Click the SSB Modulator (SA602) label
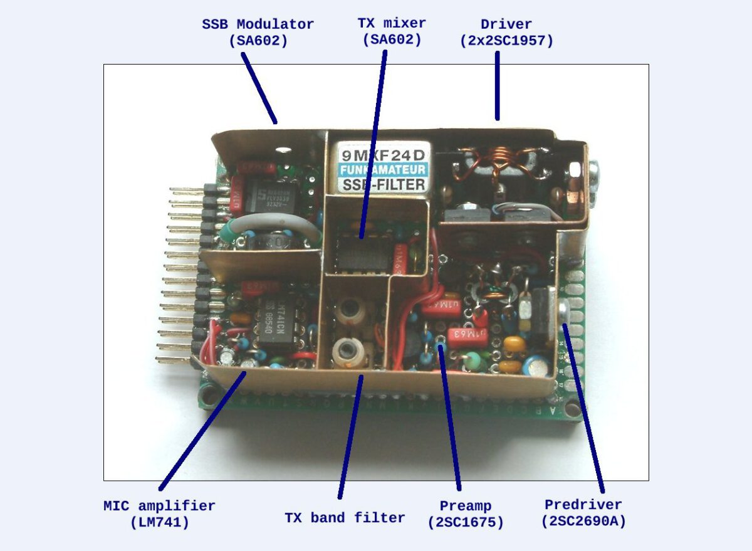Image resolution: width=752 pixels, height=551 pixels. click(258, 33)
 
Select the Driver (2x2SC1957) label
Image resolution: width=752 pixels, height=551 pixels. click(506, 33)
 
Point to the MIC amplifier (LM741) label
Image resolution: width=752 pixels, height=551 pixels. click(159, 513)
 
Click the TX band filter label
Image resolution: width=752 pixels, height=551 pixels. click(345, 518)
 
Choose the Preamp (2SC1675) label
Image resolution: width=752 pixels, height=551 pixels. click(465, 513)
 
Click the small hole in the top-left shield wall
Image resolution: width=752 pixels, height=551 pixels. click(282, 150)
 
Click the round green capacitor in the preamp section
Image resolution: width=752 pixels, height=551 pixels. click(471, 361)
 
